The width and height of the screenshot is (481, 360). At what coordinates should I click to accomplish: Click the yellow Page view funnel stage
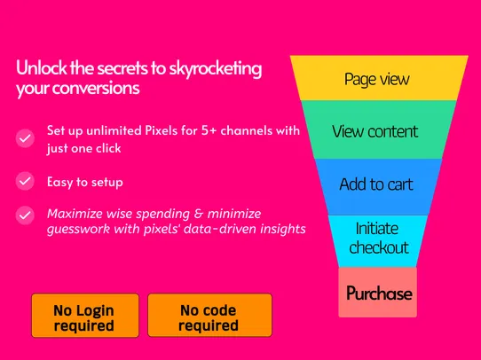(379, 78)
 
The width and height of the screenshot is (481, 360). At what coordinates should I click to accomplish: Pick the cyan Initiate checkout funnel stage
(378, 241)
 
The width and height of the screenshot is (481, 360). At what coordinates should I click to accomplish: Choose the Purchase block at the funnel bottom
(378, 293)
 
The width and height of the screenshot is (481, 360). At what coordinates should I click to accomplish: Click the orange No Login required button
(85, 316)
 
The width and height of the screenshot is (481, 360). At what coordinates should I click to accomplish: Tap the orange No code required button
(209, 316)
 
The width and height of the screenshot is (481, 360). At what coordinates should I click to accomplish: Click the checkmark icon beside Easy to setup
(25, 181)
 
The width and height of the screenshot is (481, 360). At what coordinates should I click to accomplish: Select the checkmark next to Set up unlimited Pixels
(25, 138)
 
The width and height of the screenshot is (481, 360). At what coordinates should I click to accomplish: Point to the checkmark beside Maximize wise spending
(25, 215)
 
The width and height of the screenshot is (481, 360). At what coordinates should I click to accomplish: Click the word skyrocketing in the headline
(216, 68)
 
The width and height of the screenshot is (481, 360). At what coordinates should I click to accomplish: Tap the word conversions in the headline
(96, 89)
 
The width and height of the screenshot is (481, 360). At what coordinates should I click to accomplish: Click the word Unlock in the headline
(42, 67)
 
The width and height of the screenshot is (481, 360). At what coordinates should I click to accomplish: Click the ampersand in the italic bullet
(199, 214)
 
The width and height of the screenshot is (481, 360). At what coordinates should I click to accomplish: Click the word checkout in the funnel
(379, 247)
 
